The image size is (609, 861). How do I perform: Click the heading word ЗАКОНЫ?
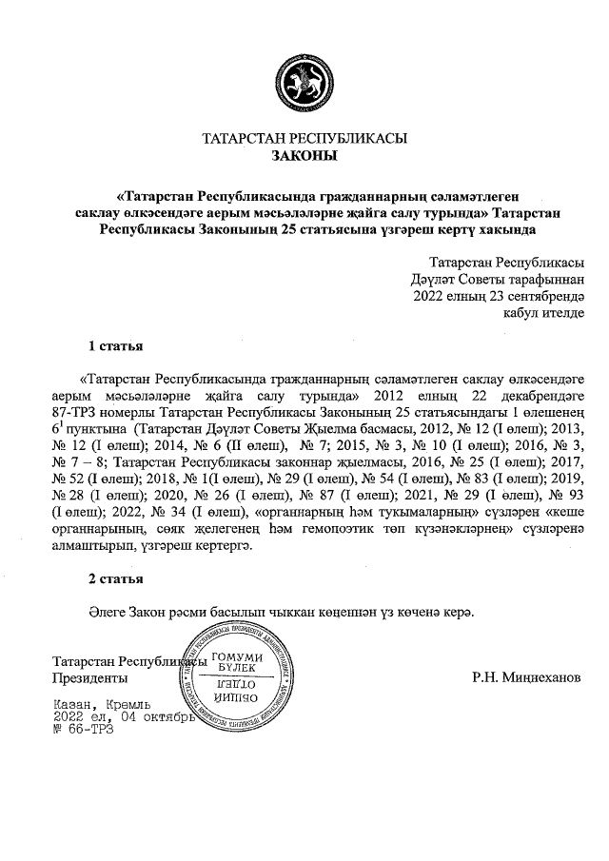[304, 155]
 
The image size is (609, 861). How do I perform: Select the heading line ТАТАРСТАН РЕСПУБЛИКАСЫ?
[304, 138]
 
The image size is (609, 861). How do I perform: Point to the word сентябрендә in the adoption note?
[543, 295]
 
